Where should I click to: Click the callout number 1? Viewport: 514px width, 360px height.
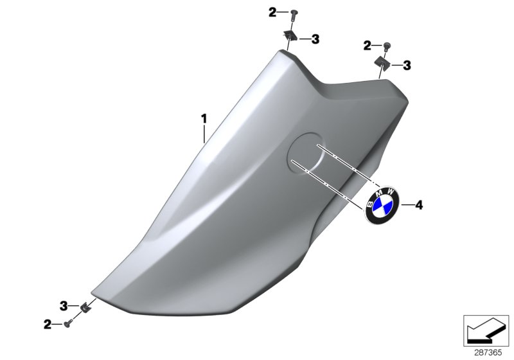point(204,118)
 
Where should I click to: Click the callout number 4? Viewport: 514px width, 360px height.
point(418,205)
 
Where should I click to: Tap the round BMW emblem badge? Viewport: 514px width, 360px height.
point(382,206)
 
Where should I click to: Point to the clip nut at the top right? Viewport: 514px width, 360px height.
point(382,63)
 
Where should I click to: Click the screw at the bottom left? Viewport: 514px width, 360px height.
point(67,325)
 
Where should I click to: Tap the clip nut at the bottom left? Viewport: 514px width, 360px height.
point(84,307)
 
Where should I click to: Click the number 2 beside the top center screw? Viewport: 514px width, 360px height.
point(272,12)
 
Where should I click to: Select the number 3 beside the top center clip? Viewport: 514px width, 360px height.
point(315,39)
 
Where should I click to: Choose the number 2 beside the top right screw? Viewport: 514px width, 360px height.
point(367,45)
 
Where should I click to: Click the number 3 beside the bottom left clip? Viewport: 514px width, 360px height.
point(64,305)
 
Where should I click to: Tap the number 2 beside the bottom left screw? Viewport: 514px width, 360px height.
point(48,325)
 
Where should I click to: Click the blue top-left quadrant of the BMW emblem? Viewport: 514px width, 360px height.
point(377,204)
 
